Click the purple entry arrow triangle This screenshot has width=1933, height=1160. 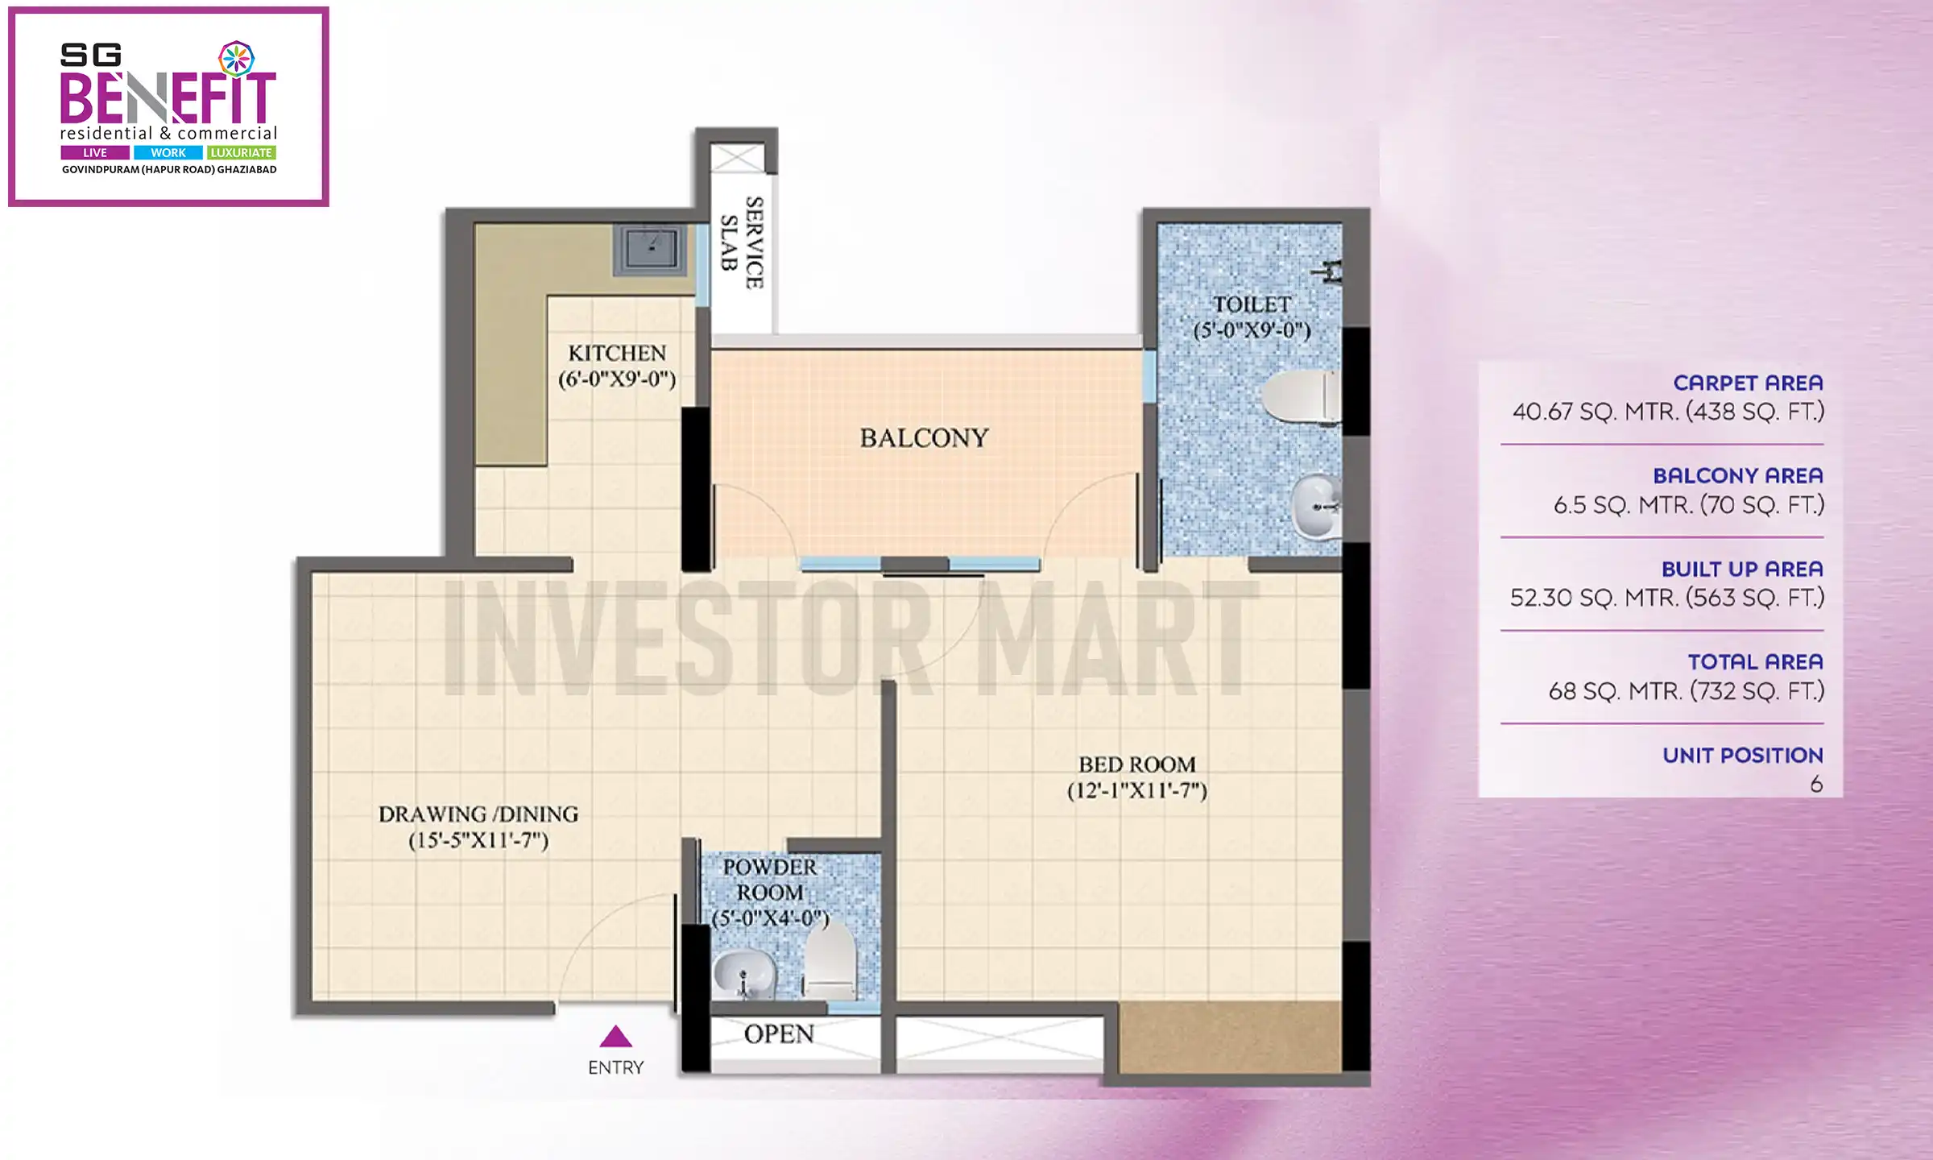615,1037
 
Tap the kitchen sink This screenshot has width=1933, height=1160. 652,248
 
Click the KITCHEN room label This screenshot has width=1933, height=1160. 617,353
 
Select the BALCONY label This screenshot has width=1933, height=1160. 924,438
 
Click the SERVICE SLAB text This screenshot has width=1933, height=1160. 742,242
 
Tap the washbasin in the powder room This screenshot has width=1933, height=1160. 743,975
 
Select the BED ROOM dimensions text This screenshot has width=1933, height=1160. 1136,791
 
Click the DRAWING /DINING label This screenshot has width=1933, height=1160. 478,814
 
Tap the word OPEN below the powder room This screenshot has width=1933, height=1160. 779,1034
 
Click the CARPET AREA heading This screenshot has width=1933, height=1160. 1748,383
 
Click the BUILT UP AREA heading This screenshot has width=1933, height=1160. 1741,569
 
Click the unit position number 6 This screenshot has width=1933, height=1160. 1816,784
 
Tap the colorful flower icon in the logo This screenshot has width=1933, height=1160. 237,59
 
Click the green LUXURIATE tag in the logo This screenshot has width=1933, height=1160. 241,152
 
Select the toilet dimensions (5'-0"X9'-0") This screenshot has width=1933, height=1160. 1252,330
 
